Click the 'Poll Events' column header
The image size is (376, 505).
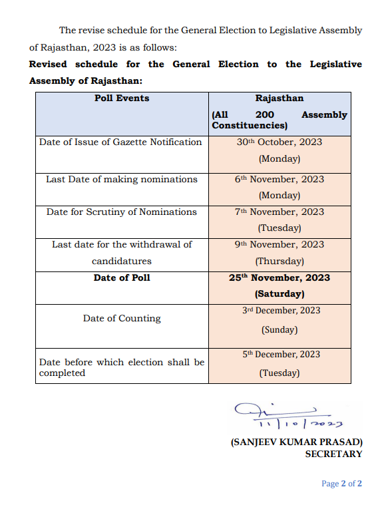click(x=122, y=98)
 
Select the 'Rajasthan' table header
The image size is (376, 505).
click(x=280, y=98)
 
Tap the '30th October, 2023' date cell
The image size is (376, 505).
click(x=280, y=142)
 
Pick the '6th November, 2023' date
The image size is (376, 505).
click(x=280, y=180)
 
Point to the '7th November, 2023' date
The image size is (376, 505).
click(x=280, y=212)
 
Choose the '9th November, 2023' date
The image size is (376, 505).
click(x=280, y=245)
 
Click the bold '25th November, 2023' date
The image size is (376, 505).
click(x=280, y=277)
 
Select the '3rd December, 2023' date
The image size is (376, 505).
click(x=280, y=311)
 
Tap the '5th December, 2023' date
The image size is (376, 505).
click(x=280, y=355)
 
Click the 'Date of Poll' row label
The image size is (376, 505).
click(x=122, y=277)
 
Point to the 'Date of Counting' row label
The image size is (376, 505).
click(x=122, y=319)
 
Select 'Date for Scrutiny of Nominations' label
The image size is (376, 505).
click(x=122, y=212)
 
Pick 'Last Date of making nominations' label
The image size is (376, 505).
click(x=122, y=180)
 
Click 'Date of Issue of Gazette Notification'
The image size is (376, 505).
click(x=120, y=142)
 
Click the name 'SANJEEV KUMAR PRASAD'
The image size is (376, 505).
click(x=296, y=442)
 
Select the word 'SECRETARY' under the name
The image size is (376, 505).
click(x=333, y=454)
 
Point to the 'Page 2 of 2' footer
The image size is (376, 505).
click(x=341, y=484)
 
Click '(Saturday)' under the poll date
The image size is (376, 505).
click(x=280, y=293)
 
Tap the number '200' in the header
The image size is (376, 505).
click(x=265, y=115)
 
